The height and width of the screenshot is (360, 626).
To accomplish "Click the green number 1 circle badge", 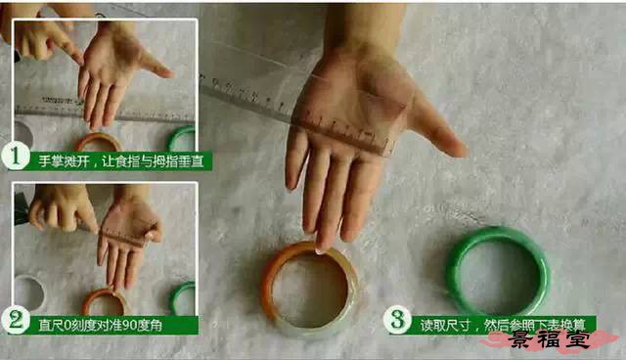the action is tap(16, 157).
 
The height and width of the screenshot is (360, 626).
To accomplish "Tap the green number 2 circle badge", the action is tap(16, 321).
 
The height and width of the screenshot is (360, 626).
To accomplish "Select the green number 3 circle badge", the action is tap(397, 319).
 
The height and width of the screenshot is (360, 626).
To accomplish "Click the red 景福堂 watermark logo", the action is tap(550, 340).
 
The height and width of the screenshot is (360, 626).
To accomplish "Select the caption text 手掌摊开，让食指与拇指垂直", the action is tap(121, 161).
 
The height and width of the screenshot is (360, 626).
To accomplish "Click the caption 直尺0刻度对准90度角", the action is tap(100, 326).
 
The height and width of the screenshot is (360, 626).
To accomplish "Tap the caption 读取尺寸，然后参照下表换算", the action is tap(502, 325).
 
